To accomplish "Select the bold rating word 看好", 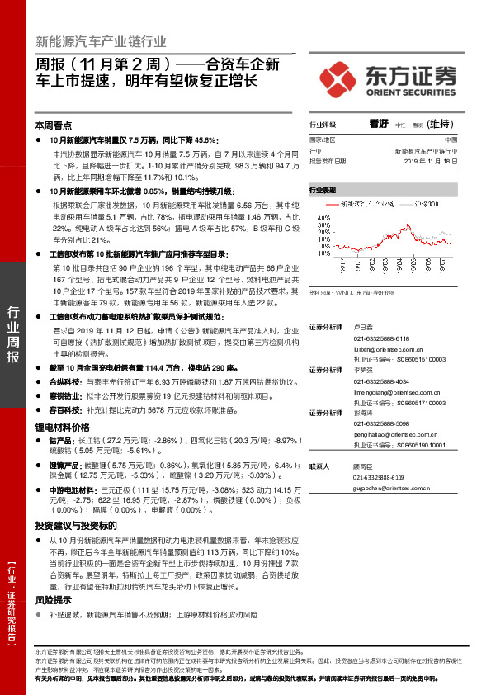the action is click(x=379, y=123).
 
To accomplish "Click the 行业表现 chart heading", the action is click(x=323, y=189).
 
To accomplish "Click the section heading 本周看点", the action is click(x=54, y=125).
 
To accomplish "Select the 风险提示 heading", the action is click(x=54, y=600).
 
